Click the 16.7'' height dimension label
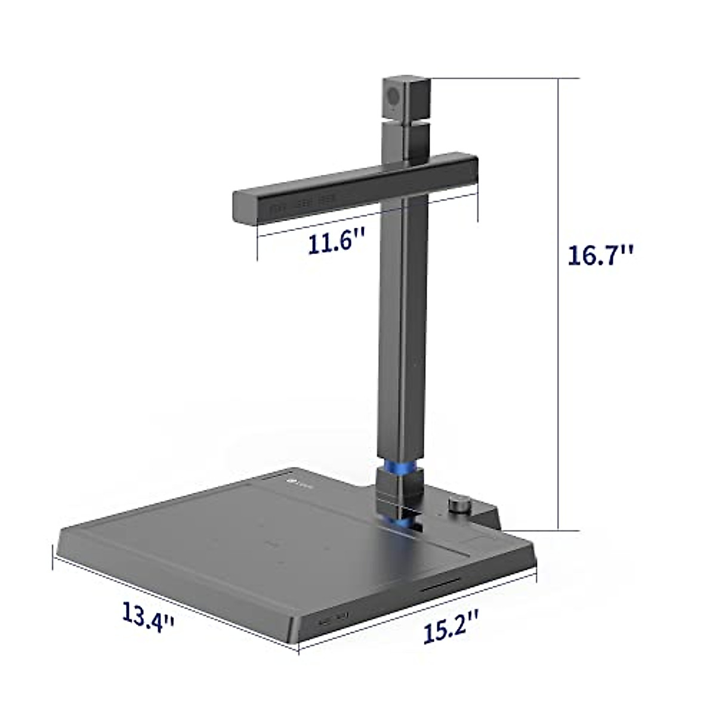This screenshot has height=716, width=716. pos(600,255)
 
